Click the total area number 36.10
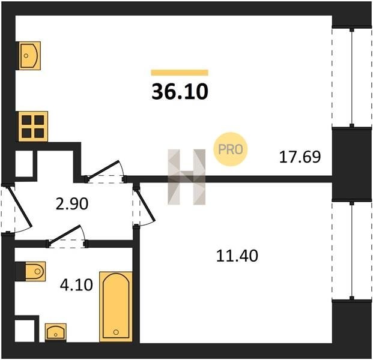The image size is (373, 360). pyautogui.click(x=180, y=92)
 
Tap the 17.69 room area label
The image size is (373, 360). pyautogui.click(x=300, y=157)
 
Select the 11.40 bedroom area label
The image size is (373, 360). pyautogui.click(x=237, y=256)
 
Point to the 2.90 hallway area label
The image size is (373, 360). pyautogui.click(x=72, y=204)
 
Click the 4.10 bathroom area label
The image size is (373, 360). pyautogui.click(x=76, y=285)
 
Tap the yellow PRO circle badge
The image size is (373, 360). pyautogui.click(x=231, y=149)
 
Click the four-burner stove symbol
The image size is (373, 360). pyautogui.click(x=33, y=127)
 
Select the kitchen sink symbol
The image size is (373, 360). pyautogui.click(x=29, y=56)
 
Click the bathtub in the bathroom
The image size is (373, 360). pyautogui.click(x=116, y=307)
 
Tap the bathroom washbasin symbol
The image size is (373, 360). pyautogui.click(x=56, y=332)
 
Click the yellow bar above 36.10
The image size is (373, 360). pyautogui.click(x=180, y=73)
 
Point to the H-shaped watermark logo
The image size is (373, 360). pyautogui.click(x=186, y=177)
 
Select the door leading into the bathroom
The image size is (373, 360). pyautogui.click(x=64, y=235)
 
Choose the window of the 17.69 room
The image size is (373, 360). pyautogui.click(x=352, y=78)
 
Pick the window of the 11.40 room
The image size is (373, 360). pyautogui.click(x=352, y=251)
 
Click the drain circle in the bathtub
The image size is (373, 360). pyautogui.click(x=116, y=332)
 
